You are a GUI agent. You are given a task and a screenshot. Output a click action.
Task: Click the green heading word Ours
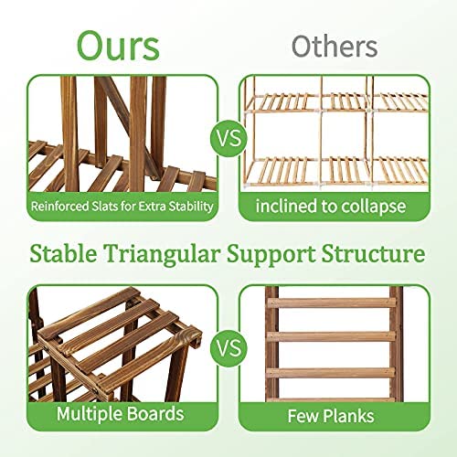(x=118, y=46)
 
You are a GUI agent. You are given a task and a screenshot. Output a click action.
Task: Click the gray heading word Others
(x=335, y=47)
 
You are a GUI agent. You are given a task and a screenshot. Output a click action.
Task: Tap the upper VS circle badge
(x=228, y=138)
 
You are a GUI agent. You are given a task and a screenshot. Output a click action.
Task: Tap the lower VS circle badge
(x=228, y=348)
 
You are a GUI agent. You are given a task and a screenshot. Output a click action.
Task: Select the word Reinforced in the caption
(x=59, y=207)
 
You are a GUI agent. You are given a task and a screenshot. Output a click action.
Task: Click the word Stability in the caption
(x=191, y=207)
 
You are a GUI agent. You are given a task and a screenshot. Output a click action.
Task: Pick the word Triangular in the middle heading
(x=162, y=254)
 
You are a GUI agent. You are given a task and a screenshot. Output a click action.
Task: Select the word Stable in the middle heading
(x=63, y=253)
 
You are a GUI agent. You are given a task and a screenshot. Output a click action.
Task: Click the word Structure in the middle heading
(x=373, y=253)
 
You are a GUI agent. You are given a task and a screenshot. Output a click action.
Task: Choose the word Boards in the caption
(x=154, y=414)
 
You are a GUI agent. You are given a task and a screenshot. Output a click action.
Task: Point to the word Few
(x=303, y=416)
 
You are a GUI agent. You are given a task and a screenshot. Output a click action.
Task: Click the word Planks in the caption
(x=348, y=416)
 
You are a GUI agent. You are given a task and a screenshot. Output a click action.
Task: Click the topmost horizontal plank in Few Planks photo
(x=332, y=303)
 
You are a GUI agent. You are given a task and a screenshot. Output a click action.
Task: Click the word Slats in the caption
(x=104, y=207)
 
